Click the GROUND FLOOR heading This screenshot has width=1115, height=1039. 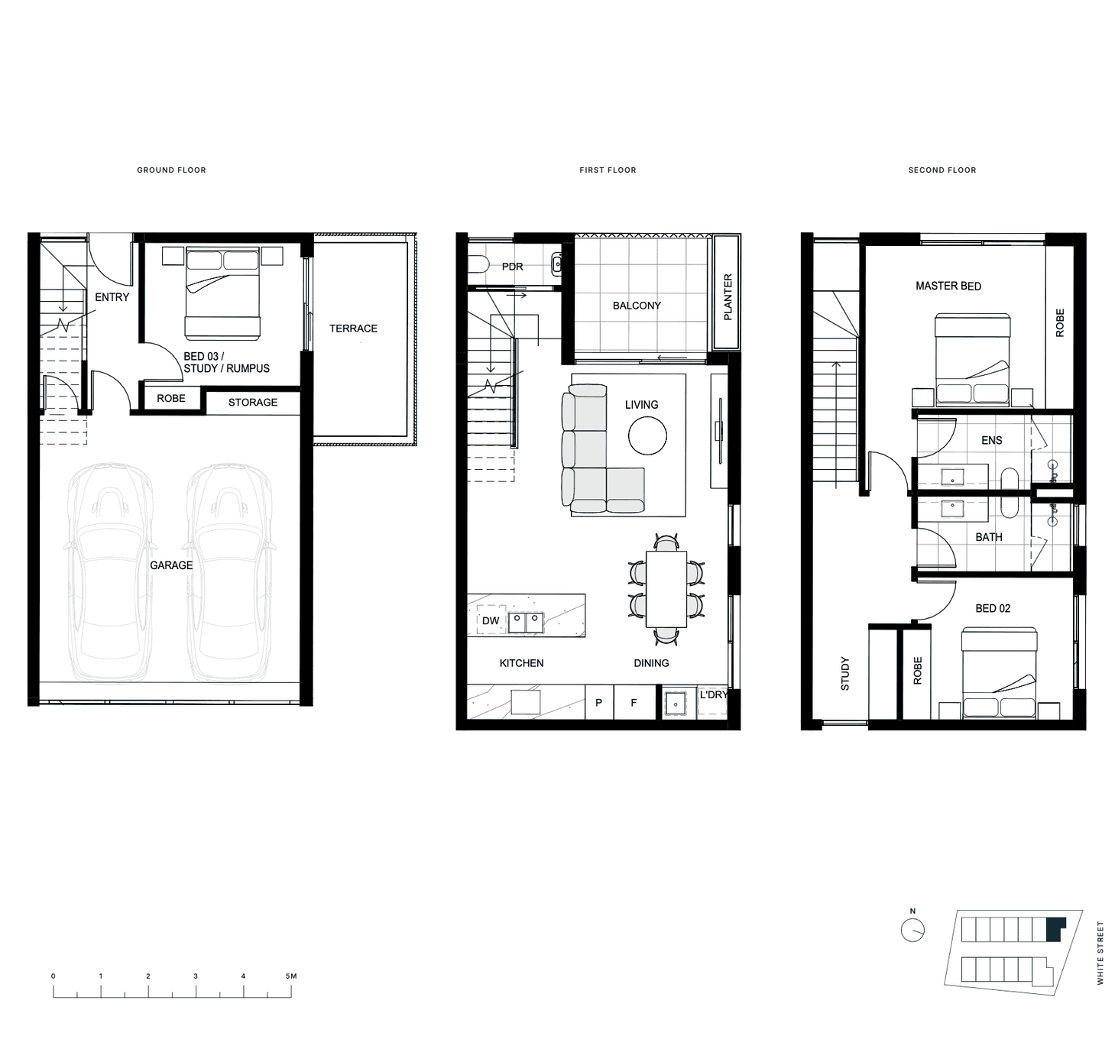[x=171, y=170]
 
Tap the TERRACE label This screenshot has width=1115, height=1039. [x=353, y=329]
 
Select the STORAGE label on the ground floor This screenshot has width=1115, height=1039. [x=253, y=403]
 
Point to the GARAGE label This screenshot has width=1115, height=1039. [x=171, y=565]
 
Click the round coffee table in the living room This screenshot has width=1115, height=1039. [x=647, y=435]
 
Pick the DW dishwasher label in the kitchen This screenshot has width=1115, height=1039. [x=491, y=621]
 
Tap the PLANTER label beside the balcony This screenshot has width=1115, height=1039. [x=728, y=297]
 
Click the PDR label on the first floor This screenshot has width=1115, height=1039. [x=513, y=267]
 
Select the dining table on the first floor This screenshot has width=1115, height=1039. [x=666, y=589]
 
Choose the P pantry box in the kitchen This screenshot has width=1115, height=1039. [x=599, y=702]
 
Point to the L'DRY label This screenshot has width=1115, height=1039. [x=714, y=695]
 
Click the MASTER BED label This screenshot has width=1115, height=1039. [x=948, y=286]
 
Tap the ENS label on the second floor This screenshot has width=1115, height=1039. [x=991, y=441]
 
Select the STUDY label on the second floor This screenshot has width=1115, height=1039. [x=845, y=674]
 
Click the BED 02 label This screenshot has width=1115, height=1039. [x=993, y=608]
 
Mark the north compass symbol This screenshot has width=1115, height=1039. [x=912, y=930]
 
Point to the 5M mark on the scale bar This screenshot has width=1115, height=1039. [x=291, y=976]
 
